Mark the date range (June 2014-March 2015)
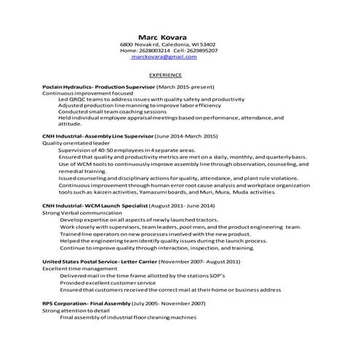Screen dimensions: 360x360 coord(186,136)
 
